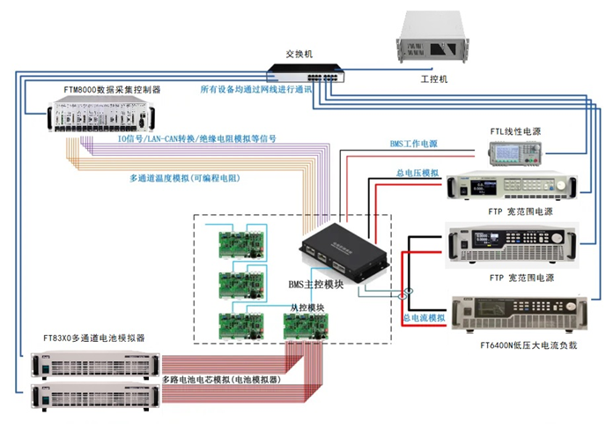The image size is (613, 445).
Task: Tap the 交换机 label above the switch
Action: click(299, 55)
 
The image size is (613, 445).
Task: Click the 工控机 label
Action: click(434, 79)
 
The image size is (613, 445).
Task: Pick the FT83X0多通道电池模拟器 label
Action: click(94, 337)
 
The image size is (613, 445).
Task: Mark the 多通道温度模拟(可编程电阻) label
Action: click(184, 178)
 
